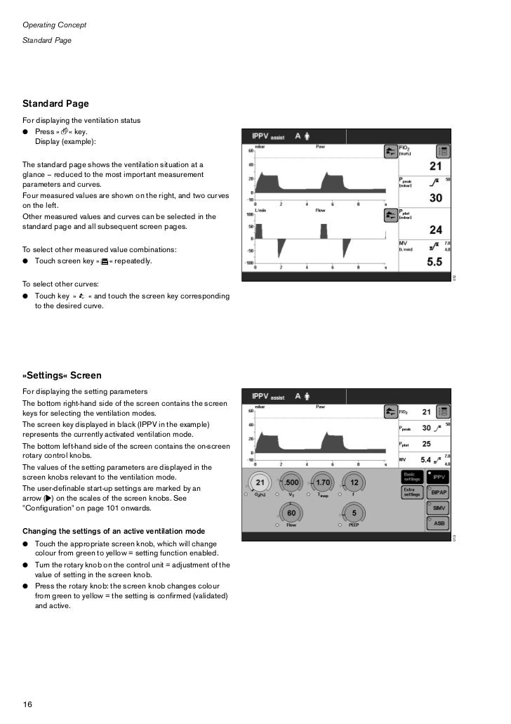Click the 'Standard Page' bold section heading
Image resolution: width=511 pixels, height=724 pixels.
(x=55, y=104)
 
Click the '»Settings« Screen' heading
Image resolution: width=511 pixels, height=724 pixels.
(x=62, y=376)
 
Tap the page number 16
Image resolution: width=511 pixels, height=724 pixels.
(x=28, y=704)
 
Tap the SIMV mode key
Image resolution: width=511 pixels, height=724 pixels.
(x=439, y=508)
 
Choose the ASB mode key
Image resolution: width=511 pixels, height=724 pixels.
(x=439, y=523)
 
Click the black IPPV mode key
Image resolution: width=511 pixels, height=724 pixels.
(x=439, y=477)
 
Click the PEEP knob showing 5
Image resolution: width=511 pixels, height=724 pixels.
(x=354, y=513)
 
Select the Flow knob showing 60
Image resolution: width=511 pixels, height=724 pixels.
(x=290, y=513)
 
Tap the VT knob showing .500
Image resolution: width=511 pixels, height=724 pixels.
(x=291, y=483)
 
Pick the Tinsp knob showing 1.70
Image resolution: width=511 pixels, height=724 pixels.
(x=323, y=483)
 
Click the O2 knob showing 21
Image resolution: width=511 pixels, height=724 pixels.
(x=259, y=483)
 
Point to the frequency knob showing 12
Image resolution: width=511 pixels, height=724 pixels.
(x=354, y=483)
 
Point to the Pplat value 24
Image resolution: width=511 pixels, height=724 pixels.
(x=436, y=230)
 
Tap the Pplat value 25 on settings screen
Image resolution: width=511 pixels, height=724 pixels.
(x=426, y=444)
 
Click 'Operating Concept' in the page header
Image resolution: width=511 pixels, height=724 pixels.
(x=54, y=25)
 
